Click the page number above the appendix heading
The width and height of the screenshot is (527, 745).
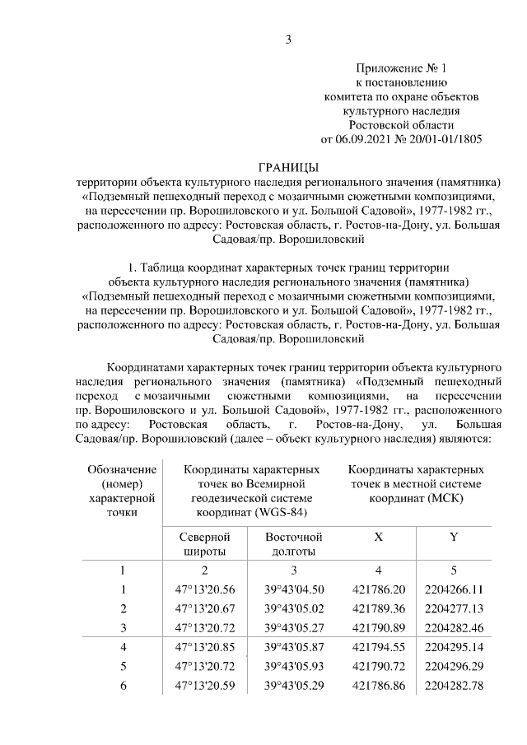(x=288, y=39)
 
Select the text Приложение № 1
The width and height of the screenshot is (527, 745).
(x=400, y=68)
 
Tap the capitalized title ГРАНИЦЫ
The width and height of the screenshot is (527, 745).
(x=288, y=167)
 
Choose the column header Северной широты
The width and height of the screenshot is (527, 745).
(x=204, y=544)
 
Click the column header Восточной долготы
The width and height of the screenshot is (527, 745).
(x=293, y=544)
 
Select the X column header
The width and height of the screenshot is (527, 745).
(x=378, y=537)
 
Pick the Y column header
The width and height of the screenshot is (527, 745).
(x=453, y=537)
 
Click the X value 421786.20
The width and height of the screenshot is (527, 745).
(x=378, y=589)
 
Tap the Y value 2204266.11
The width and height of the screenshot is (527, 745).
(x=453, y=589)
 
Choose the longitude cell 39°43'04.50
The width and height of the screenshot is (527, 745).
(x=293, y=589)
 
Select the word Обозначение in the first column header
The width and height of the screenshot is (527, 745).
(x=122, y=469)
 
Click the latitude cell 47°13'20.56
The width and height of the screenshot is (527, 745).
(x=204, y=589)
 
